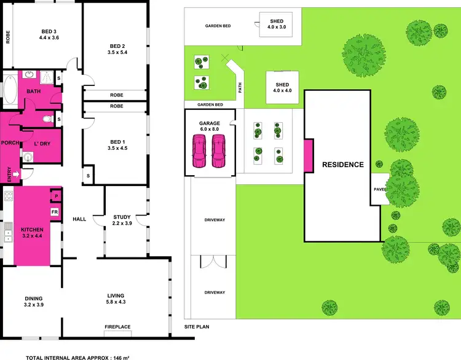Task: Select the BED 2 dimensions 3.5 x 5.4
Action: pos(117,53)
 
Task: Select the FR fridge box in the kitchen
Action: pos(55,212)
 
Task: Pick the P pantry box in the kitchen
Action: pos(55,197)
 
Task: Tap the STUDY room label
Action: pos(122,216)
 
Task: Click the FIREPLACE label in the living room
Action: pos(117,327)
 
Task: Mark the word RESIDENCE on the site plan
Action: pos(343,165)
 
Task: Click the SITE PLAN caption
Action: pos(197,327)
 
